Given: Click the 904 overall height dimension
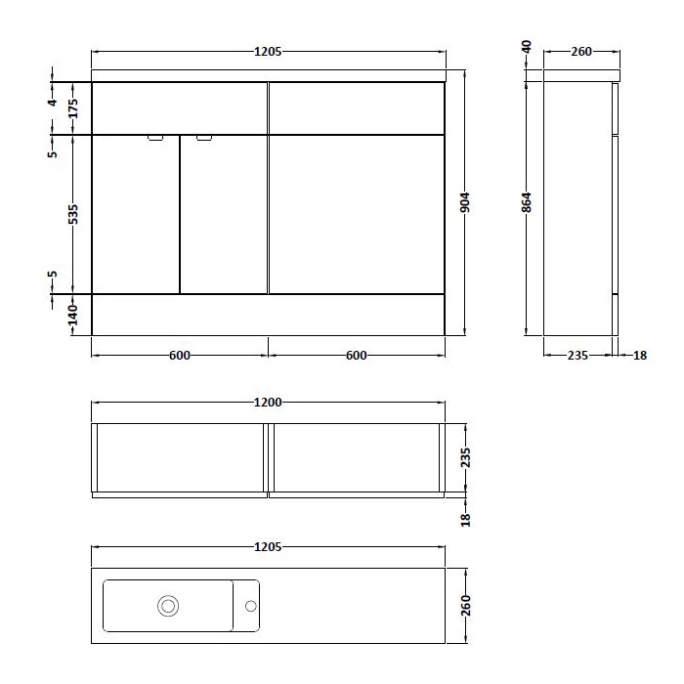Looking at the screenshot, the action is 465,202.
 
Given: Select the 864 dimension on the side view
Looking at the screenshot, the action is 527,202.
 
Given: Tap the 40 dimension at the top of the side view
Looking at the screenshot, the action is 527,47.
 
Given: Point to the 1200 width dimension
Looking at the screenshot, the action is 268,403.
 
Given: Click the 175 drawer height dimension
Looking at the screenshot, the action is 73,108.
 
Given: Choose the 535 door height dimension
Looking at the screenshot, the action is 73,214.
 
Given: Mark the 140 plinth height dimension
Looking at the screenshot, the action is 73,315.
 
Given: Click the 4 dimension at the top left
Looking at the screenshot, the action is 53,103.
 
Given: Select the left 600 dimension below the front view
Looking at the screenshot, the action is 180,356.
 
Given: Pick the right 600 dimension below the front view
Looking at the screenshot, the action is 357,356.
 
